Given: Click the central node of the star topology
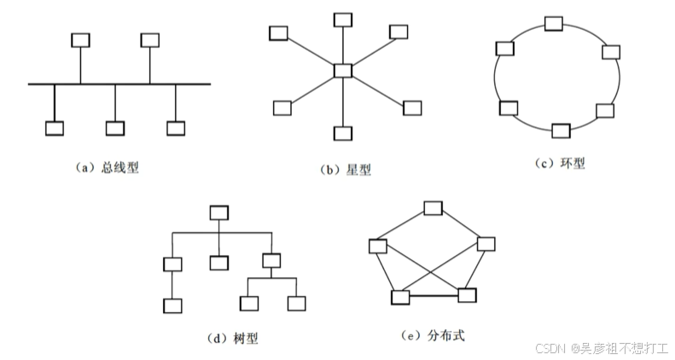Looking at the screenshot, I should pos(343,71).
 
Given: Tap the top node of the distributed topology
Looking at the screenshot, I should pos(434,208).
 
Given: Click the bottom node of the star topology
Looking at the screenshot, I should pos(343,133).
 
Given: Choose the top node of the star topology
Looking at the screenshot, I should pos(343,19).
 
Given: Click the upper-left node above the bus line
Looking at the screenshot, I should pos(81,39).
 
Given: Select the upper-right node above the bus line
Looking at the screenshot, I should pos(150,39).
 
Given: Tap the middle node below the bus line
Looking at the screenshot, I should pos(115,129).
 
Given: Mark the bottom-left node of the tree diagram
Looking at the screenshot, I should pos(172,305).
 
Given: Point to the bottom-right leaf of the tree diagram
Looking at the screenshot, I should pos(296,303).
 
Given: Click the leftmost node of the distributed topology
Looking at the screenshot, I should pos(378,247).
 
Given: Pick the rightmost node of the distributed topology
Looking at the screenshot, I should pos(486,244).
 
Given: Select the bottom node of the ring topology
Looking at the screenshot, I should pos(561,131).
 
